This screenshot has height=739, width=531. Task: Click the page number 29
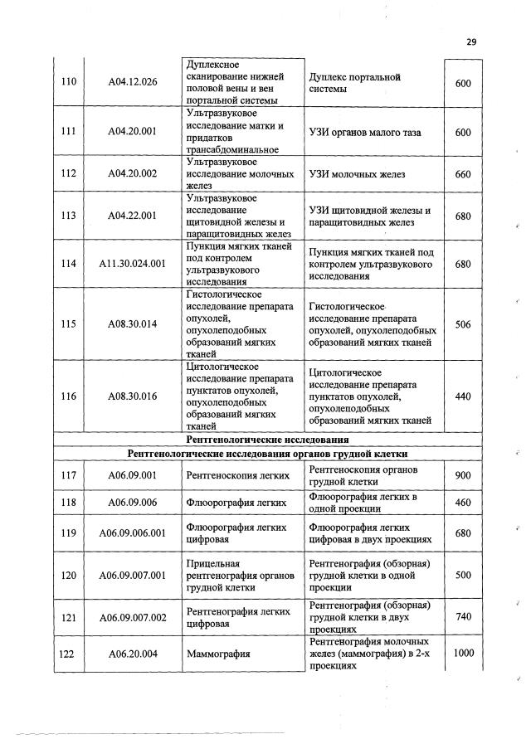[x=472, y=41]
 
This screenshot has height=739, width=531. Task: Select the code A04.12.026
[x=133, y=82]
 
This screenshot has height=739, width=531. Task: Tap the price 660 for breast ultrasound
[x=463, y=174]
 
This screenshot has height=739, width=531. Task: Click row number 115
[x=69, y=323]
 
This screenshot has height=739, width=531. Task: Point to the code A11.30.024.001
[x=133, y=264]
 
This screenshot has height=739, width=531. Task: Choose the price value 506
[x=463, y=323]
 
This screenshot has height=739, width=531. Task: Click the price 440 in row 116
[x=463, y=396]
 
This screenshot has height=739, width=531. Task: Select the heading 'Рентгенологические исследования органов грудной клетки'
[x=267, y=454]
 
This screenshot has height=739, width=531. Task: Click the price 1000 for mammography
[x=463, y=654]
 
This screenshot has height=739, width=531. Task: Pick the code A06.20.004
[x=133, y=654]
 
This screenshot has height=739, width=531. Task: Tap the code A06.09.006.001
[x=133, y=532]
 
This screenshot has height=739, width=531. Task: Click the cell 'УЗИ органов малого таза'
[x=364, y=133]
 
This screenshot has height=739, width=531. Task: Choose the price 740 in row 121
[x=463, y=617]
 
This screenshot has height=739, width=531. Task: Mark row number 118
[x=69, y=502]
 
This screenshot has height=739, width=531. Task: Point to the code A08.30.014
[x=133, y=323]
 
